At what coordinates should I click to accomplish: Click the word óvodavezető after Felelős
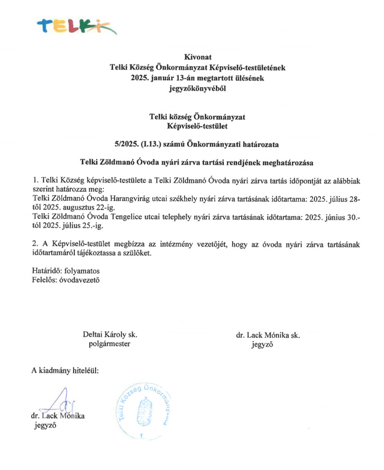click(80, 279)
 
